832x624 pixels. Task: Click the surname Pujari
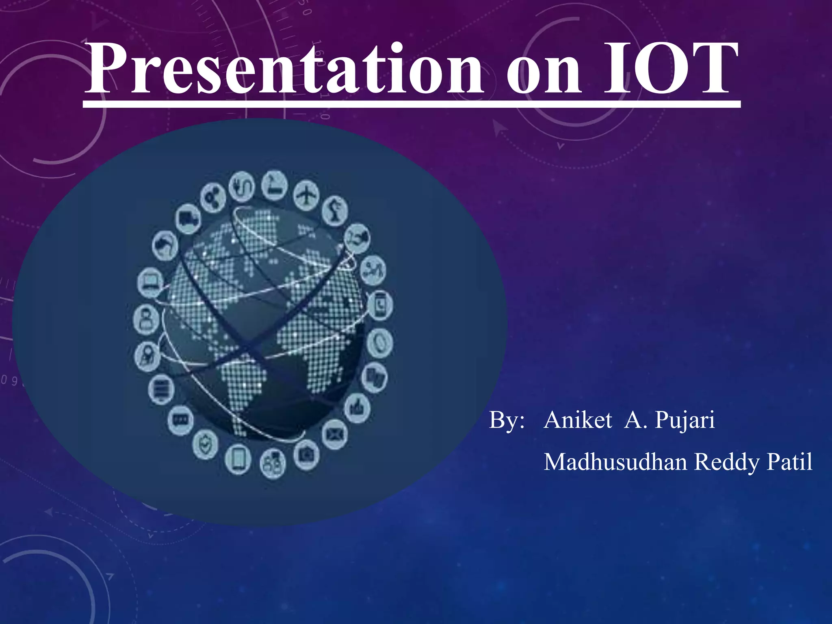[x=685, y=420]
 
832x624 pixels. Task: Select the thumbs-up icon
[x=357, y=407]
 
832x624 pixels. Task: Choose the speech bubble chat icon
[x=180, y=420]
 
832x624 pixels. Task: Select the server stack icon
[x=161, y=389]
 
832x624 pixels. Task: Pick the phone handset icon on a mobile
[x=380, y=305]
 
